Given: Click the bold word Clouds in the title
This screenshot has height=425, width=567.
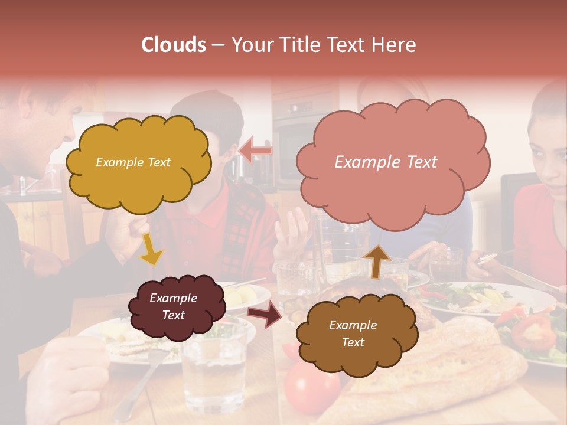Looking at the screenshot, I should [174, 45].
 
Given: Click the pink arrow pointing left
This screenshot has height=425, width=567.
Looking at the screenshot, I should [255, 151].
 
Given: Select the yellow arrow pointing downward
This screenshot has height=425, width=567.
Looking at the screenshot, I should [151, 250].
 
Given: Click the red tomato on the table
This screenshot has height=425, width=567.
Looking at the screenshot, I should [310, 390].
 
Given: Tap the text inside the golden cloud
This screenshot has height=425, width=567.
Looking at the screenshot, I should [133, 162].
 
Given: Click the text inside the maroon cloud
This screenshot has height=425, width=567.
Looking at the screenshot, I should [173, 306].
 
